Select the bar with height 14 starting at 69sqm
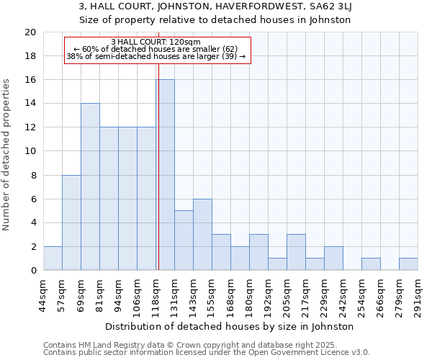click(x=90, y=187)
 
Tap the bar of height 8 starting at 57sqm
click(x=71, y=222)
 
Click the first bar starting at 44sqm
click(x=53, y=258)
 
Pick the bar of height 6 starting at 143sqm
click(x=202, y=235)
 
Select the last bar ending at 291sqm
click(x=408, y=264)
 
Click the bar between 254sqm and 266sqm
click(x=371, y=264)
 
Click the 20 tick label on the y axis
click(x=30, y=32)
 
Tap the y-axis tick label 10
click(x=30, y=151)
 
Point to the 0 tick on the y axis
click(x=32, y=271)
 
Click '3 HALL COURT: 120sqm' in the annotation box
click(x=156, y=42)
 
